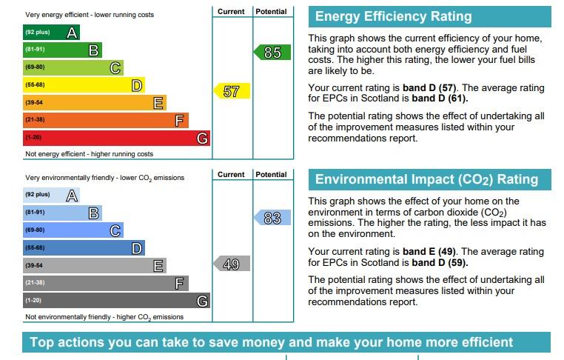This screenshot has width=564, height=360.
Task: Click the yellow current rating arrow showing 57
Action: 232,91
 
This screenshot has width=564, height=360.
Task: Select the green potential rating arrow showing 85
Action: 272,52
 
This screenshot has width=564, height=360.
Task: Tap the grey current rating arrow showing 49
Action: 232,264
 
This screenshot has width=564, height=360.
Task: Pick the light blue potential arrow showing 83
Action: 272,218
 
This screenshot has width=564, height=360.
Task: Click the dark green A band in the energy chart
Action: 51,32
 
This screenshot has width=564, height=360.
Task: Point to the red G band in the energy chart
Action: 116,138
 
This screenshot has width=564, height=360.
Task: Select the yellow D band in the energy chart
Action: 84,85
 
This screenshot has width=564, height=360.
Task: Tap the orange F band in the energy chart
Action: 106,120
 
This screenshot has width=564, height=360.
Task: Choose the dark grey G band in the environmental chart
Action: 116,300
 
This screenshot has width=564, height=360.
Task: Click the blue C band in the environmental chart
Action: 73,230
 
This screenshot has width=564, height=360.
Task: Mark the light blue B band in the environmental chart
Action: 63,213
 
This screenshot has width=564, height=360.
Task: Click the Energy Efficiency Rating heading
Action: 394,16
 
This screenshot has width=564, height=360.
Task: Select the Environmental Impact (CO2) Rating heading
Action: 426,179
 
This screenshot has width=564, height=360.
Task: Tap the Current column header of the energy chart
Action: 231,12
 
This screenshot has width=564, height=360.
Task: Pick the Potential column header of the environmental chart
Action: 271,175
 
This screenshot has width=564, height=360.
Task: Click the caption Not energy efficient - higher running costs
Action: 90,154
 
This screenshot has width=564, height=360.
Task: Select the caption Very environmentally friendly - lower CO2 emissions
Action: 104,178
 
